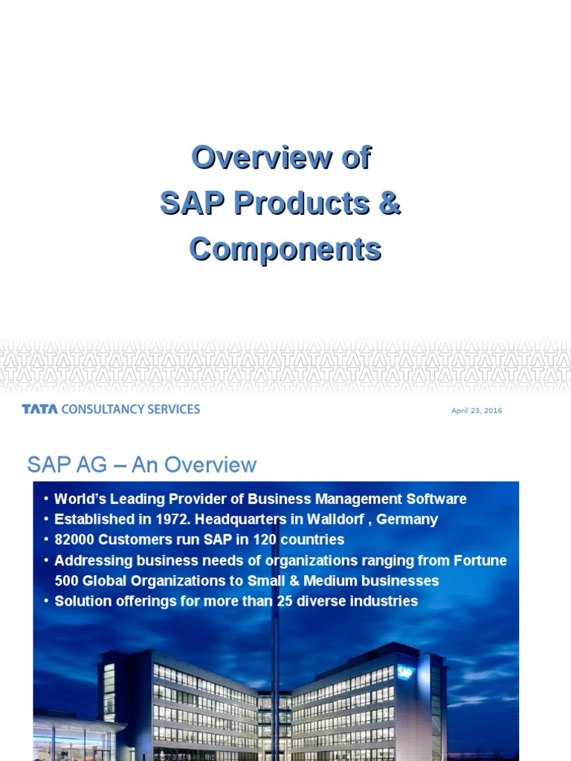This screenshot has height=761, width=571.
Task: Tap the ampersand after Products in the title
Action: point(390,203)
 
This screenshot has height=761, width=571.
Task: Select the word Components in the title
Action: point(285,249)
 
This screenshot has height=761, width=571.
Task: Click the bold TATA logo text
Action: point(39,409)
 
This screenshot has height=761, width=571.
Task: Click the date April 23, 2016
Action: point(476,410)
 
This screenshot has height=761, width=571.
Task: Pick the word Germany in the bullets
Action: point(407,519)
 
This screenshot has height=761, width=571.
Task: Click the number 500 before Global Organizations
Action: point(67,580)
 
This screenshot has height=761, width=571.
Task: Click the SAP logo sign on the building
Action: point(404,673)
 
